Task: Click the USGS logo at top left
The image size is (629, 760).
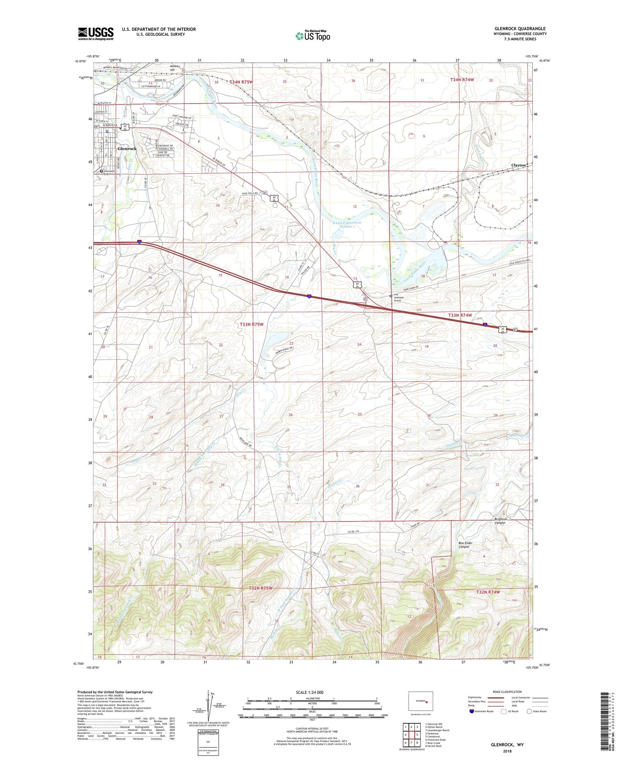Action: [96, 34]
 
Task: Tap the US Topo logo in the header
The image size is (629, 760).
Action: [313, 35]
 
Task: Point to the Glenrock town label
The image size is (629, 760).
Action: [127, 149]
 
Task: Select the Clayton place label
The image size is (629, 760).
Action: [518, 165]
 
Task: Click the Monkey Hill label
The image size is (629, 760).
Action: [175, 68]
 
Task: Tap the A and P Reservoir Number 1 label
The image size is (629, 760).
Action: [346, 225]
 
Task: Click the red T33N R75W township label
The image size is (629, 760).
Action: [252, 325]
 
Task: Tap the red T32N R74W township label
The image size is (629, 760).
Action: [488, 592]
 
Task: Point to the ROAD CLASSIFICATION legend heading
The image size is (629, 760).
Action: [507, 692]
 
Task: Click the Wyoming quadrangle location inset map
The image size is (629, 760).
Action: [420, 702]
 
